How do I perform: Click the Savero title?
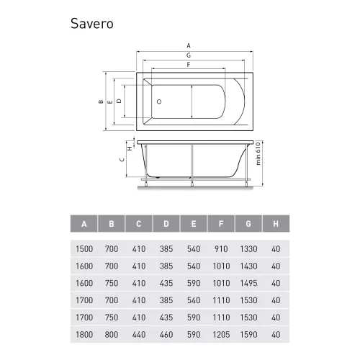point(92,24)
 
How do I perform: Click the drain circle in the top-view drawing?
point(159,102)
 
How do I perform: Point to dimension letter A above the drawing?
point(189,45)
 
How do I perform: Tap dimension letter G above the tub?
point(189,55)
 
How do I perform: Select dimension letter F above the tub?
point(189,65)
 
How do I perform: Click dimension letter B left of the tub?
point(101,102)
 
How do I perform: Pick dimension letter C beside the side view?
point(122,160)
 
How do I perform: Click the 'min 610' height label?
point(258,153)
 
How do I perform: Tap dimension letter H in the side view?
point(130,148)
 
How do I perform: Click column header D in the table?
point(166,224)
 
